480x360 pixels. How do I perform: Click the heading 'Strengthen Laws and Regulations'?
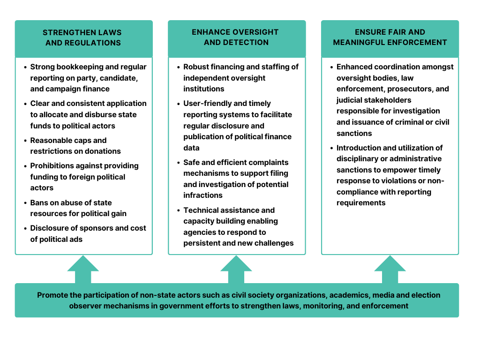point(83,37)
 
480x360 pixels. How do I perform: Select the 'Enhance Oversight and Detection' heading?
point(236,37)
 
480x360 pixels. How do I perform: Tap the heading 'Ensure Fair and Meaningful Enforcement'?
point(390,37)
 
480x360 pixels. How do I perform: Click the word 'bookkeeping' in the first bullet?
point(77,67)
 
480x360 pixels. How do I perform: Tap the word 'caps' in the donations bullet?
point(82,140)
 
